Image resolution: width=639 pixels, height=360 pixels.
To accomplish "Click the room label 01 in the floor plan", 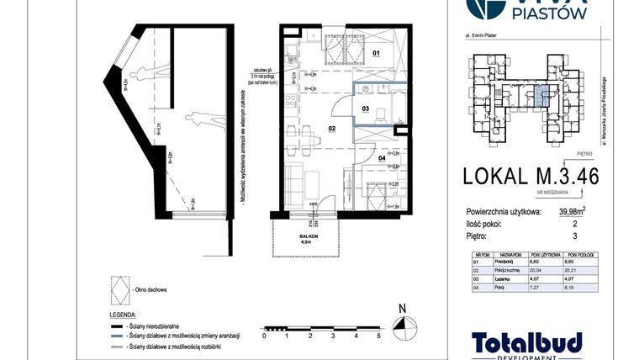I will (x=376, y=53).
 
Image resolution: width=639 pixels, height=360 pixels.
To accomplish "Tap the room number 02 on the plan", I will (x=332, y=128).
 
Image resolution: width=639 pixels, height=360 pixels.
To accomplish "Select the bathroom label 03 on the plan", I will (x=366, y=109).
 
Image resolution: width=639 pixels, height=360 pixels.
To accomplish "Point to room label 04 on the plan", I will (x=380, y=157).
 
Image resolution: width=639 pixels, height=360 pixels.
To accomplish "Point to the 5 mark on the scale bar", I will (x=379, y=335).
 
